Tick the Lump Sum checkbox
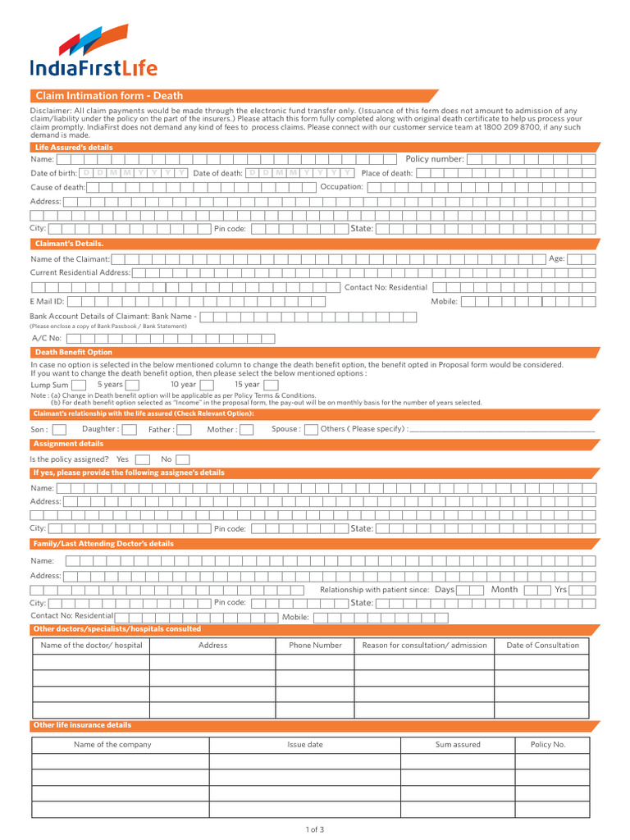click(x=79, y=385)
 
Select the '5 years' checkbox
click(x=131, y=385)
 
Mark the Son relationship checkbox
click(x=59, y=429)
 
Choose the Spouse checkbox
click(x=310, y=429)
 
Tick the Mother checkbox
click(x=245, y=429)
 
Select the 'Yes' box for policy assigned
click(x=142, y=459)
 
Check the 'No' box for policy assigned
click(x=182, y=459)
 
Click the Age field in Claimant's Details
click(x=582, y=258)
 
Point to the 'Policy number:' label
click(x=435, y=159)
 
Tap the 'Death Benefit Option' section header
click(x=74, y=352)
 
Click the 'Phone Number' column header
click(x=315, y=645)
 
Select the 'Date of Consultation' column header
click(x=542, y=645)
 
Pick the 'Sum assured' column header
click(x=458, y=745)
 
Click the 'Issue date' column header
click(x=304, y=745)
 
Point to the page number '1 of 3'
click(x=315, y=829)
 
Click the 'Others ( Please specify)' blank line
click(x=502, y=430)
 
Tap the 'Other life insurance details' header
click(x=82, y=725)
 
